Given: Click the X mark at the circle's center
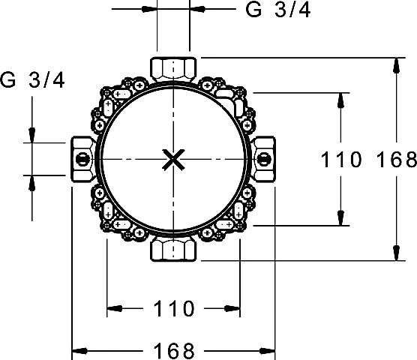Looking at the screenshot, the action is (173, 160).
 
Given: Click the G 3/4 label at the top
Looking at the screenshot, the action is (278, 10).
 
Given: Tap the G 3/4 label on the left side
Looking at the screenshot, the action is (32, 80).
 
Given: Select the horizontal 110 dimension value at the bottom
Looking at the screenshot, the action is (174, 308).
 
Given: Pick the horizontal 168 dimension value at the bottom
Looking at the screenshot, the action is (174, 351).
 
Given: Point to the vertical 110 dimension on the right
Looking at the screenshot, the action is (341, 160).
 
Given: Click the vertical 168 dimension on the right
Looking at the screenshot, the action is (397, 160).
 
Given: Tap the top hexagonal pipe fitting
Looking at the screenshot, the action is (173, 69).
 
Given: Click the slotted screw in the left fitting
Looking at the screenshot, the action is (82, 159).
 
